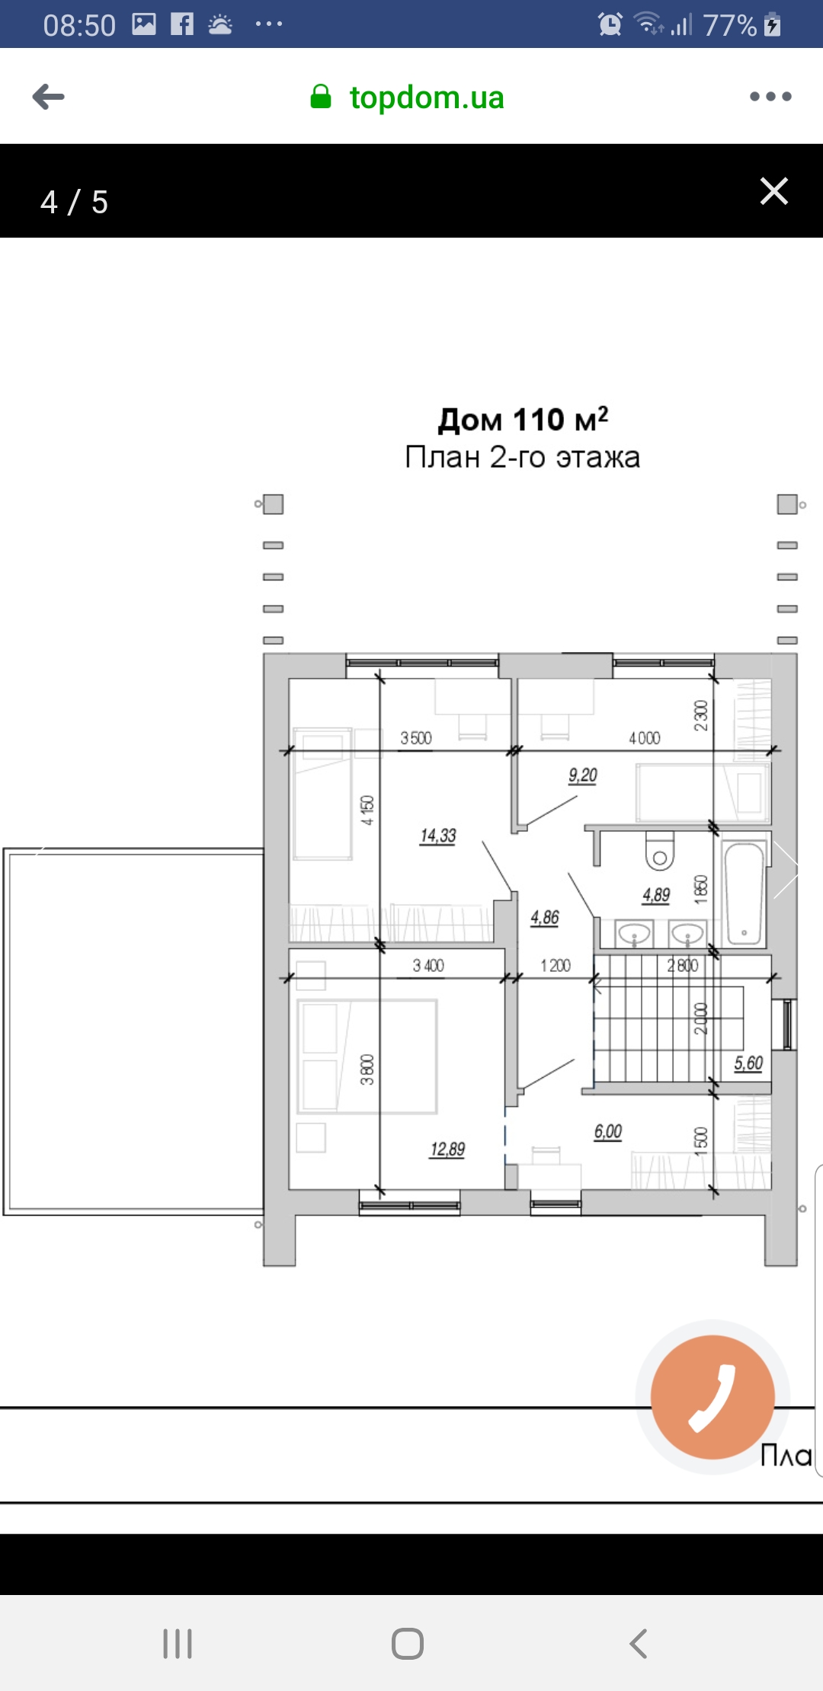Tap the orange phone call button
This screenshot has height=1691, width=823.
[713, 1397]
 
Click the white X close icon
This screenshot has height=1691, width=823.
[774, 191]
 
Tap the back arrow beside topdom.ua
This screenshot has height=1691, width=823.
[49, 97]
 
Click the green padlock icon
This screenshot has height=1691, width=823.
[321, 97]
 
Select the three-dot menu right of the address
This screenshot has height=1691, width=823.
[770, 97]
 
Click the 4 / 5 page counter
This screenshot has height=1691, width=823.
[74, 202]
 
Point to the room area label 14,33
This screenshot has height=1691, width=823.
[438, 836]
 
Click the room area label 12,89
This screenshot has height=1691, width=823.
[447, 1149]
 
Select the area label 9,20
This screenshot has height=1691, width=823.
[583, 775]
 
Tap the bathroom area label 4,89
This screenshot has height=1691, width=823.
[656, 895]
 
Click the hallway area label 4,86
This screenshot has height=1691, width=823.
[545, 918]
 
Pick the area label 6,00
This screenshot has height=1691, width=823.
[608, 1132]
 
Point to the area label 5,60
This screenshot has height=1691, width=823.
[748, 1063]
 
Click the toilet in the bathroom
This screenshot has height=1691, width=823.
[660, 852]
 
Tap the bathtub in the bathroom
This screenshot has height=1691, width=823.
[744, 893]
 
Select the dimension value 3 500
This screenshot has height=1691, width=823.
[416, 738]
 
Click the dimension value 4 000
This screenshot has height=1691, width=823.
[645, 738]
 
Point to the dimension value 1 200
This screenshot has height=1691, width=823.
[556, 966]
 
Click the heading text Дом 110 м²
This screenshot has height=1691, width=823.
[523, 419]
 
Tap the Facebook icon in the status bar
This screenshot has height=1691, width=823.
[182, 24]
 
